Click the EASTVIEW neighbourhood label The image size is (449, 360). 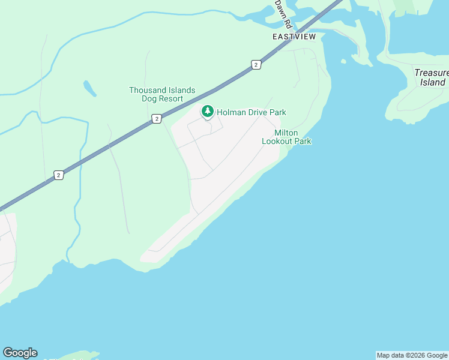point(294,37)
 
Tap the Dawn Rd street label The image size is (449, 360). point(283,14)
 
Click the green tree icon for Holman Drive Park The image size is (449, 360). point(208,112)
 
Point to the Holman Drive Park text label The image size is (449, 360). point(251,112)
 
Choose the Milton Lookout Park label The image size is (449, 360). point(286,137)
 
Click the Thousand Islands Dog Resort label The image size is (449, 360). point(162,94)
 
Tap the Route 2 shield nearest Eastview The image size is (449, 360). point(256,65)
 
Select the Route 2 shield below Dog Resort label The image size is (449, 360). point(156,119)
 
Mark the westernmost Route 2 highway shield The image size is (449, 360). point(58,175)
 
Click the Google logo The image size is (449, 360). point(20,353)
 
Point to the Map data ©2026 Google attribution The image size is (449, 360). point(412,355)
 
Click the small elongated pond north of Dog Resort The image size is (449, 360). point(89,88)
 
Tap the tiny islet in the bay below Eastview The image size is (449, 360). point(343,61)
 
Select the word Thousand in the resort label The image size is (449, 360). point(148,90)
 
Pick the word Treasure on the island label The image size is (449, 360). point(432,73)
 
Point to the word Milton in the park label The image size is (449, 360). point(286,133)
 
